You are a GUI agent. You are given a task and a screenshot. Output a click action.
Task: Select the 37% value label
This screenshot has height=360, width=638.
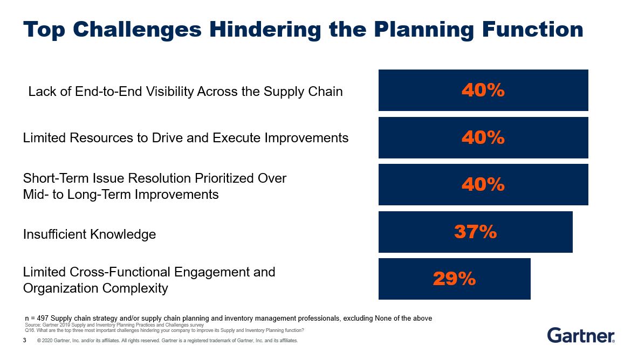tap(475, 232)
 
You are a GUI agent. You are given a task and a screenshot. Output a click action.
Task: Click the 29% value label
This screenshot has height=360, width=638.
tap(454, 279)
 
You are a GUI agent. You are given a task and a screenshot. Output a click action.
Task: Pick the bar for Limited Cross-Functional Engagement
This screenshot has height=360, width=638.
tap(502, 279)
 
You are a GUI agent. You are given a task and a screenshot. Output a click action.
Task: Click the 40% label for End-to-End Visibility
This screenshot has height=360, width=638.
tap(483, 91)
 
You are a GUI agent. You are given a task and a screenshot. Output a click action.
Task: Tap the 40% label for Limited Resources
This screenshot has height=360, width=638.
tap(483, 138)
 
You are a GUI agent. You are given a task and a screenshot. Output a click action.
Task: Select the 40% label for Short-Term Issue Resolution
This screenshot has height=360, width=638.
tap(483, 185)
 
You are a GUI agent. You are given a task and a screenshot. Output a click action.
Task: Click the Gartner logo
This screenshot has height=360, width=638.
tap(581, 335)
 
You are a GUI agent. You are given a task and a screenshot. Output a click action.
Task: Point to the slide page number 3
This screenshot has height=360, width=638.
tap(25, 341)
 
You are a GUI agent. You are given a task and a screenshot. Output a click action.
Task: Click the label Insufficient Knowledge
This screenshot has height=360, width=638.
tap(90, 234)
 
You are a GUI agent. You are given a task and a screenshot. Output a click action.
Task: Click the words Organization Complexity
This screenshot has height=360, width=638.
tap(95, 288)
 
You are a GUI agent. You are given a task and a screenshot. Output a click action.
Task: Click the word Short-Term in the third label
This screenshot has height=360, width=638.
tap(54, 178)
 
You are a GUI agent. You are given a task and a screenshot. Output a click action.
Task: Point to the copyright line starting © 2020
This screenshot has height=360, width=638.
tap(167, 341)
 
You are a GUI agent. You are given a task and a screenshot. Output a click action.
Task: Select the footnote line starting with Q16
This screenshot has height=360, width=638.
tap(164, 330)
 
